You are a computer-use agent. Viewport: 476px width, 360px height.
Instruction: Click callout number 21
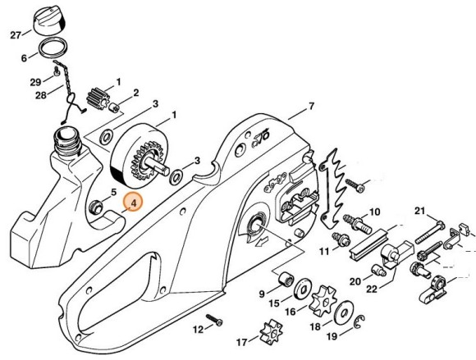coord(418,212)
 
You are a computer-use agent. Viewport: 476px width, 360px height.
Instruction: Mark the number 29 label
coord(34,82)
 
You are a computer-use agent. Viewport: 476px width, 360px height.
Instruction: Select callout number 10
coord(374,212)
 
